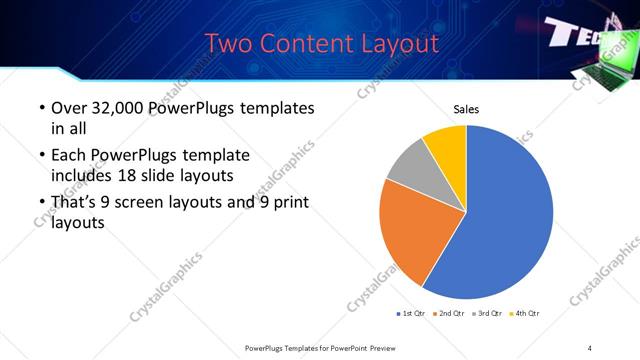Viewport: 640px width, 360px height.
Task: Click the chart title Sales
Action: [x=467, y=108]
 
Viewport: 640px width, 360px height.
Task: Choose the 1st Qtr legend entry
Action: [x=411, y=314]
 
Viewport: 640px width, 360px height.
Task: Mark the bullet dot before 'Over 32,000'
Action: [x=40, y=108]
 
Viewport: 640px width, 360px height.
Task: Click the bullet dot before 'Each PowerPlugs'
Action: [x=40, y=156]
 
